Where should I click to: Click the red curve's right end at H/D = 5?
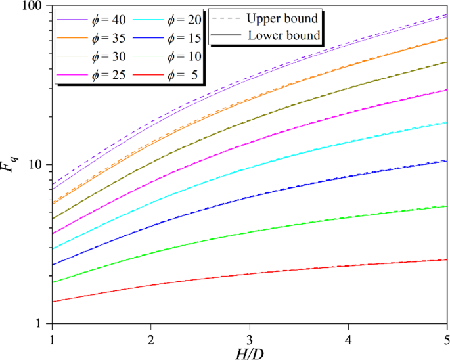tap(446, 259)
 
